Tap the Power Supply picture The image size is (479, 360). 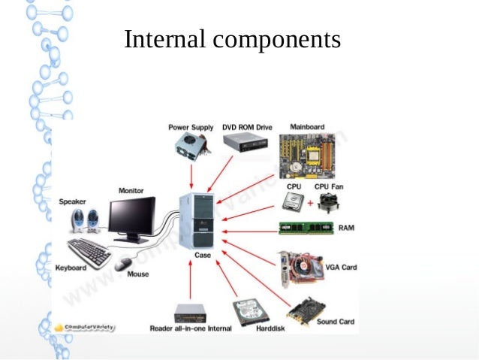[190, 149]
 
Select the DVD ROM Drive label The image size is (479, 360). [246, 127]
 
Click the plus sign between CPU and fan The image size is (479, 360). [310, 203]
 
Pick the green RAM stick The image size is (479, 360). [306, 228]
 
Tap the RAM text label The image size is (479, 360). [346, 227]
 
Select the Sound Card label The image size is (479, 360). [336, 322]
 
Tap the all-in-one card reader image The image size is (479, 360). [190, 313]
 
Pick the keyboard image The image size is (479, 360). [89, 253]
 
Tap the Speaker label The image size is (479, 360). [72, 201]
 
